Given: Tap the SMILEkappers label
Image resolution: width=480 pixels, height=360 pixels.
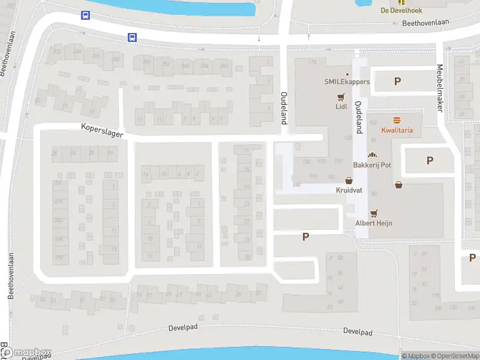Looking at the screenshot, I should pos(347,82).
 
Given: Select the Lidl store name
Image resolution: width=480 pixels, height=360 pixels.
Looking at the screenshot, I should pos(341,107).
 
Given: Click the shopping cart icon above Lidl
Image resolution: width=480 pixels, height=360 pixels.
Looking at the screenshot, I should pos(341,97).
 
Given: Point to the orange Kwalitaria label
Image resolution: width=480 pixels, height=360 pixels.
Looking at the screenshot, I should pos(397,130).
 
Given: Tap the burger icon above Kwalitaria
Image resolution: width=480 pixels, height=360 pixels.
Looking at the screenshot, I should pos(397,120).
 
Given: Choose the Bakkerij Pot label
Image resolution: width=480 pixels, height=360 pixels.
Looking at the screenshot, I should pos(372,164).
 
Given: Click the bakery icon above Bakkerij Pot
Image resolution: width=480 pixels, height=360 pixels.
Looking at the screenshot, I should pos(372,155).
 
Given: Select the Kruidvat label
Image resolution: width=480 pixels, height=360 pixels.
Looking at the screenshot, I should pos(349,190).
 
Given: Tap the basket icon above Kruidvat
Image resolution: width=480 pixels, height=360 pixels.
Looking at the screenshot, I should pos(349,180).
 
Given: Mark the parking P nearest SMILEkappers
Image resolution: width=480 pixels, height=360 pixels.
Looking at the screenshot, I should pos(397,82).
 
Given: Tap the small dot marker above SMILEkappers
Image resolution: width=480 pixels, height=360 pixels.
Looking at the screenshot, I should pos(347,74).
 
